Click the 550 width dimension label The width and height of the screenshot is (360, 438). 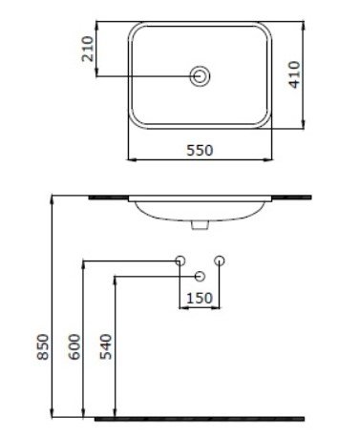tap(200, 150)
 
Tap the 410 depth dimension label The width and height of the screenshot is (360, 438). tap(294, 74)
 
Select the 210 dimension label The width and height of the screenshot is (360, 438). tap(88, 49)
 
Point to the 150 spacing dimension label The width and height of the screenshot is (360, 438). tap(200, 298)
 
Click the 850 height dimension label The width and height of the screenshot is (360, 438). tap(43, 346)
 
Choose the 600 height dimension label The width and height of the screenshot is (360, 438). tap(74, 346)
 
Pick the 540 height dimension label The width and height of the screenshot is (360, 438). tap(106, 346)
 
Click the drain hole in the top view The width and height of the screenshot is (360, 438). tap(200, 76)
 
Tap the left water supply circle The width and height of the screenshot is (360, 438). tap(180, 261)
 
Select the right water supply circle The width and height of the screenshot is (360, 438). tap(220, 261)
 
